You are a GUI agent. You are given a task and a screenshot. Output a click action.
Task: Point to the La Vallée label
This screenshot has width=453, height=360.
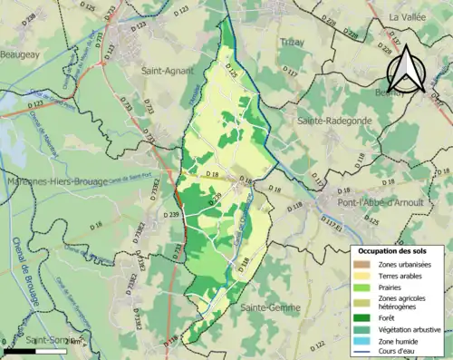pos(408,17)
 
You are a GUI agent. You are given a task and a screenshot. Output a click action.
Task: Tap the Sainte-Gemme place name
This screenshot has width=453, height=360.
pos(269,309)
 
